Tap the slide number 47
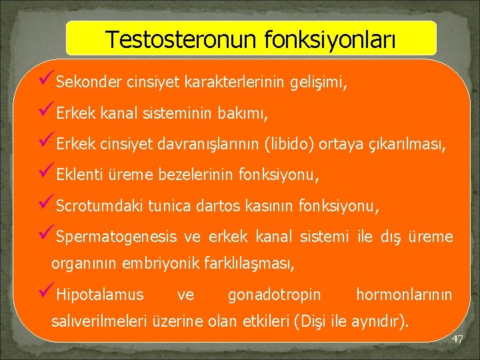(x=457, y=339)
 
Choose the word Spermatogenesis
(x=117, y=237)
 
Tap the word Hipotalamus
(x=100, y=294)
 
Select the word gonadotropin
(x=274, y=294)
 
